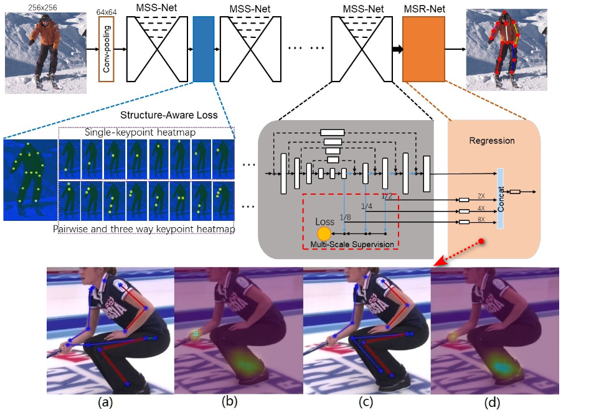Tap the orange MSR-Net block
pos(423,50)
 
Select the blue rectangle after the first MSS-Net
pos(204,50)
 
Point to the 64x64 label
pos(107,11)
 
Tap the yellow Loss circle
pos(324,234)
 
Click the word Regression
pos(492,141)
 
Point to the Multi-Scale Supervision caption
pos(352,245)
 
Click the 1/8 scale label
pos(345,218)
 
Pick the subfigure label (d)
pos(493,403)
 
